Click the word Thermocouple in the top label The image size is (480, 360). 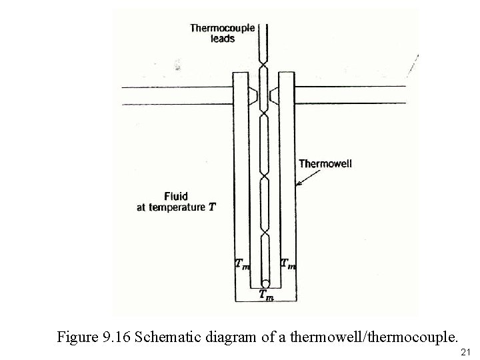coord(222,28)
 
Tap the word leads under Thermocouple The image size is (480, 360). coord(222,39)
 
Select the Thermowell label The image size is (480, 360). coord(327,163)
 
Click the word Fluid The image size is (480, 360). coord(176,197)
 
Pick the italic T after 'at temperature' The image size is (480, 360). coord(212,207)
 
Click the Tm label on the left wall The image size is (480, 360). coord(243,264)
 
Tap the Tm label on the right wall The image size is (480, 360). coord(288,264)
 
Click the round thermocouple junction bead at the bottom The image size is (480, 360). coord(265,283)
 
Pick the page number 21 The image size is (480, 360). coord(466,351)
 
